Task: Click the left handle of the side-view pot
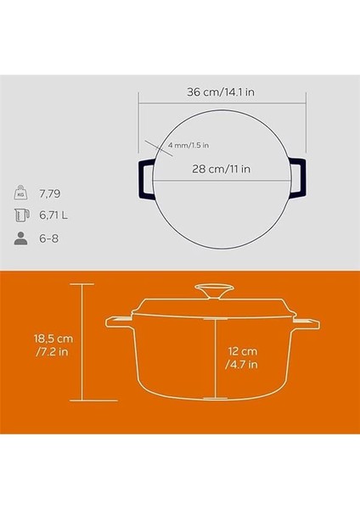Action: (116, 323)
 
